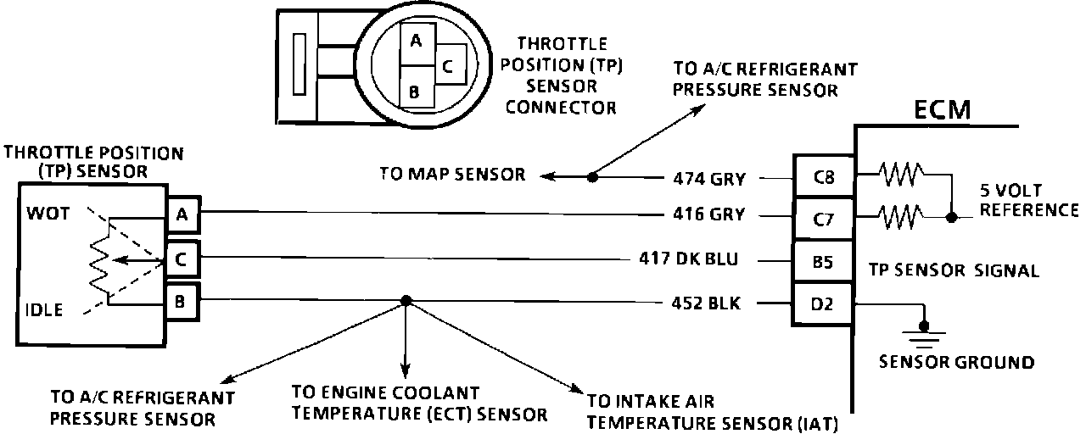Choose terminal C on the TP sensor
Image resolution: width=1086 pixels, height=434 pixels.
click(x=182, y=258)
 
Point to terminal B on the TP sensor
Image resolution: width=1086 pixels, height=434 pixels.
click(x=182, y=299)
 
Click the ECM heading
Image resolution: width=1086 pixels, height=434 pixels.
click(x=943, y=110)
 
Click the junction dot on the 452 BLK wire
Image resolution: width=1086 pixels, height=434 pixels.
click(x=406, y=300)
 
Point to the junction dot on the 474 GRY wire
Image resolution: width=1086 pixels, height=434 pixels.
click(x=592, y=177)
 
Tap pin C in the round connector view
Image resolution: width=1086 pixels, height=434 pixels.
click(x=450, y=64)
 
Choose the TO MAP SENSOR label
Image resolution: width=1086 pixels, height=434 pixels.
click(x=453, y=175)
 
